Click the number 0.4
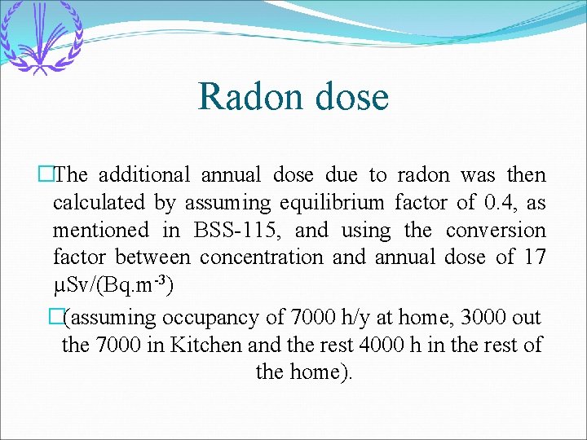point(501,202)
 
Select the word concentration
point(261,257)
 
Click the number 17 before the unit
point(535,257)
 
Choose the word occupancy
point(205,317)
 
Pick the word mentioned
point(101,230)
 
